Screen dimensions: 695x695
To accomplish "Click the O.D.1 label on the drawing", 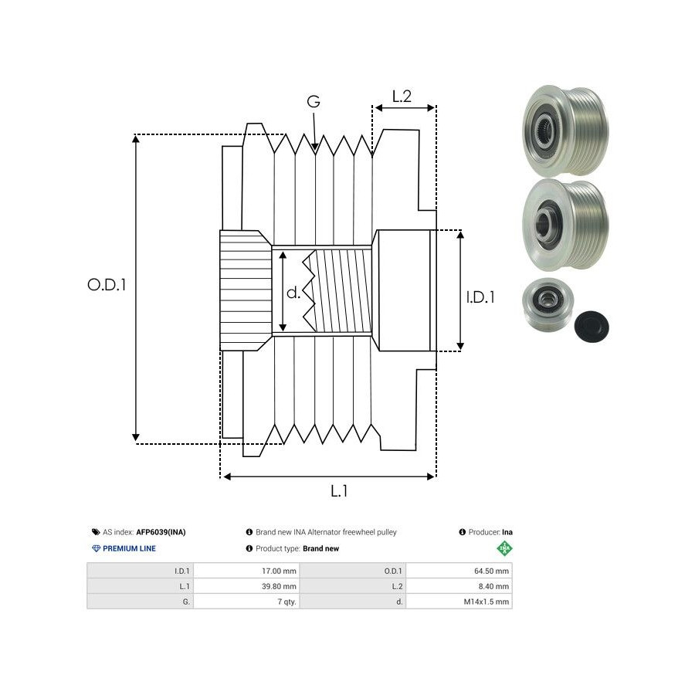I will click(107, 285).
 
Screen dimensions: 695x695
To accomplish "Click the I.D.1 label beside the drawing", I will click(480, 297).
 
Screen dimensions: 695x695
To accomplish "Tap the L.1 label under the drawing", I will click(339, 491).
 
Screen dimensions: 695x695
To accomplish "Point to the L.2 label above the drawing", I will click(402, 97).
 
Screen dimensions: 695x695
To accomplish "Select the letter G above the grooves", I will click(314, 102).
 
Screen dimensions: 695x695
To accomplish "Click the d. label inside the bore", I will click(293, 293).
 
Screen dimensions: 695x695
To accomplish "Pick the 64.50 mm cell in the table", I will click(491, 571).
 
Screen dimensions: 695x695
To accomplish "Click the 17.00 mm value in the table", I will click(279, 571).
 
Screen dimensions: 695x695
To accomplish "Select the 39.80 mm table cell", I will click(279, 586).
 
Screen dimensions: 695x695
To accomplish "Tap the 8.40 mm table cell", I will click(493, 586).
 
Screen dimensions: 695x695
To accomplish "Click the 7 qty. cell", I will click(283, 601).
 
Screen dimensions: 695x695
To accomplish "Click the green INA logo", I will click(504, 548).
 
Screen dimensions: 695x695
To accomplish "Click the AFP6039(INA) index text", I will click(161, 532).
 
